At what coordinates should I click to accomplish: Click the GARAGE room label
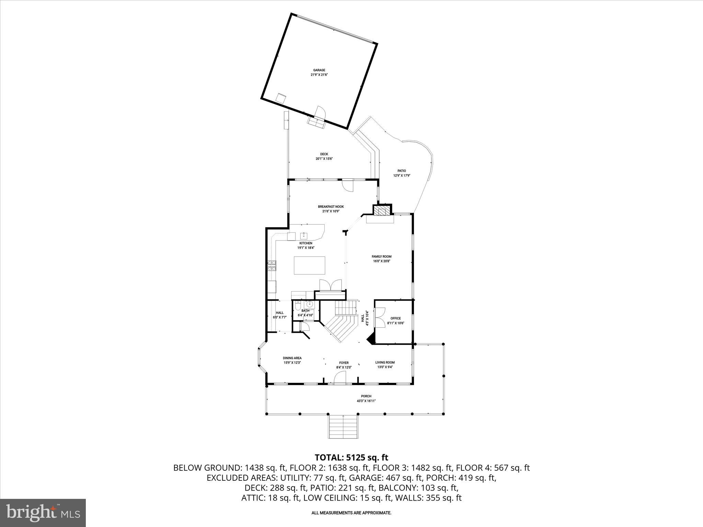click(319, 72)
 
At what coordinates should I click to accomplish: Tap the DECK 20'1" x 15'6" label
click(324, 156)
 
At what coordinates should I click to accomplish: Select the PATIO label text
click(402, 173)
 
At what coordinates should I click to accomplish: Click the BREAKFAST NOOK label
click(331, 209)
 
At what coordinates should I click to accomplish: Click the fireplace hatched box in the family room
click(382, 210)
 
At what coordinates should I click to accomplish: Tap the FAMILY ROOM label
click(381, 259)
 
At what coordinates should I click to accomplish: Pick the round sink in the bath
click(310, 304)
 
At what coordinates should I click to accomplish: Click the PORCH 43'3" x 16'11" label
click(366, 398)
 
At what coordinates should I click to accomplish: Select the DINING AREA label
click(292, 360)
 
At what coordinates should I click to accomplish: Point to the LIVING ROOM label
click(385, 364)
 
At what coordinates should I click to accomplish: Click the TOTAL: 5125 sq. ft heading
click(351, 457)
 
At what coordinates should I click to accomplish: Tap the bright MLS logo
click(43, 513)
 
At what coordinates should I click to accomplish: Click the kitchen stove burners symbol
click(272, 266)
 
